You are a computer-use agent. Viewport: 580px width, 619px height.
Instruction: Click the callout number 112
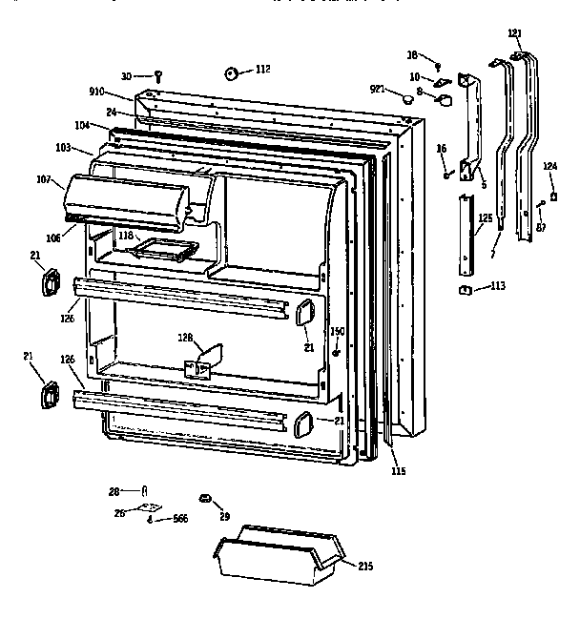click(x=262, y=69)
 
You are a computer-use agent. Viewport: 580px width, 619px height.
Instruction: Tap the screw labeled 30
click(x=159, y=75)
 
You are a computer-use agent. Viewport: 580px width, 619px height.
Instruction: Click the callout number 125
click(x=486, y=219)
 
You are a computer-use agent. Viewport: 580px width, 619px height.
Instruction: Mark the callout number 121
click(x=515, y=33)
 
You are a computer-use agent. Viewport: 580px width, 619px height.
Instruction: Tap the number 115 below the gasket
click(x=398, y=469)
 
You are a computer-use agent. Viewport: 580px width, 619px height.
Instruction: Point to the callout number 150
click(x=337, y=331)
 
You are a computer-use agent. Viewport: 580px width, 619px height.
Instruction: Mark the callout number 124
click(x=549, y=167)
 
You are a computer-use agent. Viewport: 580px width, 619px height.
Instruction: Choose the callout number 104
click(x=83, y=125)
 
